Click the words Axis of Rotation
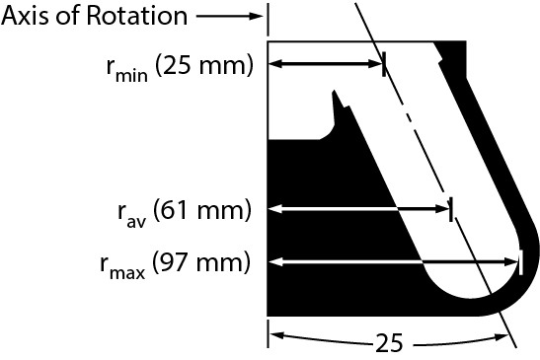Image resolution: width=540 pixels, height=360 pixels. coord(93,16)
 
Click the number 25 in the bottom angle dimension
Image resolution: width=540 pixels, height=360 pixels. coord(390,342)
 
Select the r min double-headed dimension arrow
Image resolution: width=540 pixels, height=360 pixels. coord(326,65)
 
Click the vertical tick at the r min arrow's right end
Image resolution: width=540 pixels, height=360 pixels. coord(384,65)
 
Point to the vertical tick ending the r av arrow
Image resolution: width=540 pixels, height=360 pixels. coord(450,208)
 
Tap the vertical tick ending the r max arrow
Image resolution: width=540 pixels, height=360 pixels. coord(518,262)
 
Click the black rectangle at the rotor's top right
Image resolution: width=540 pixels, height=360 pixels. coord(451,50)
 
